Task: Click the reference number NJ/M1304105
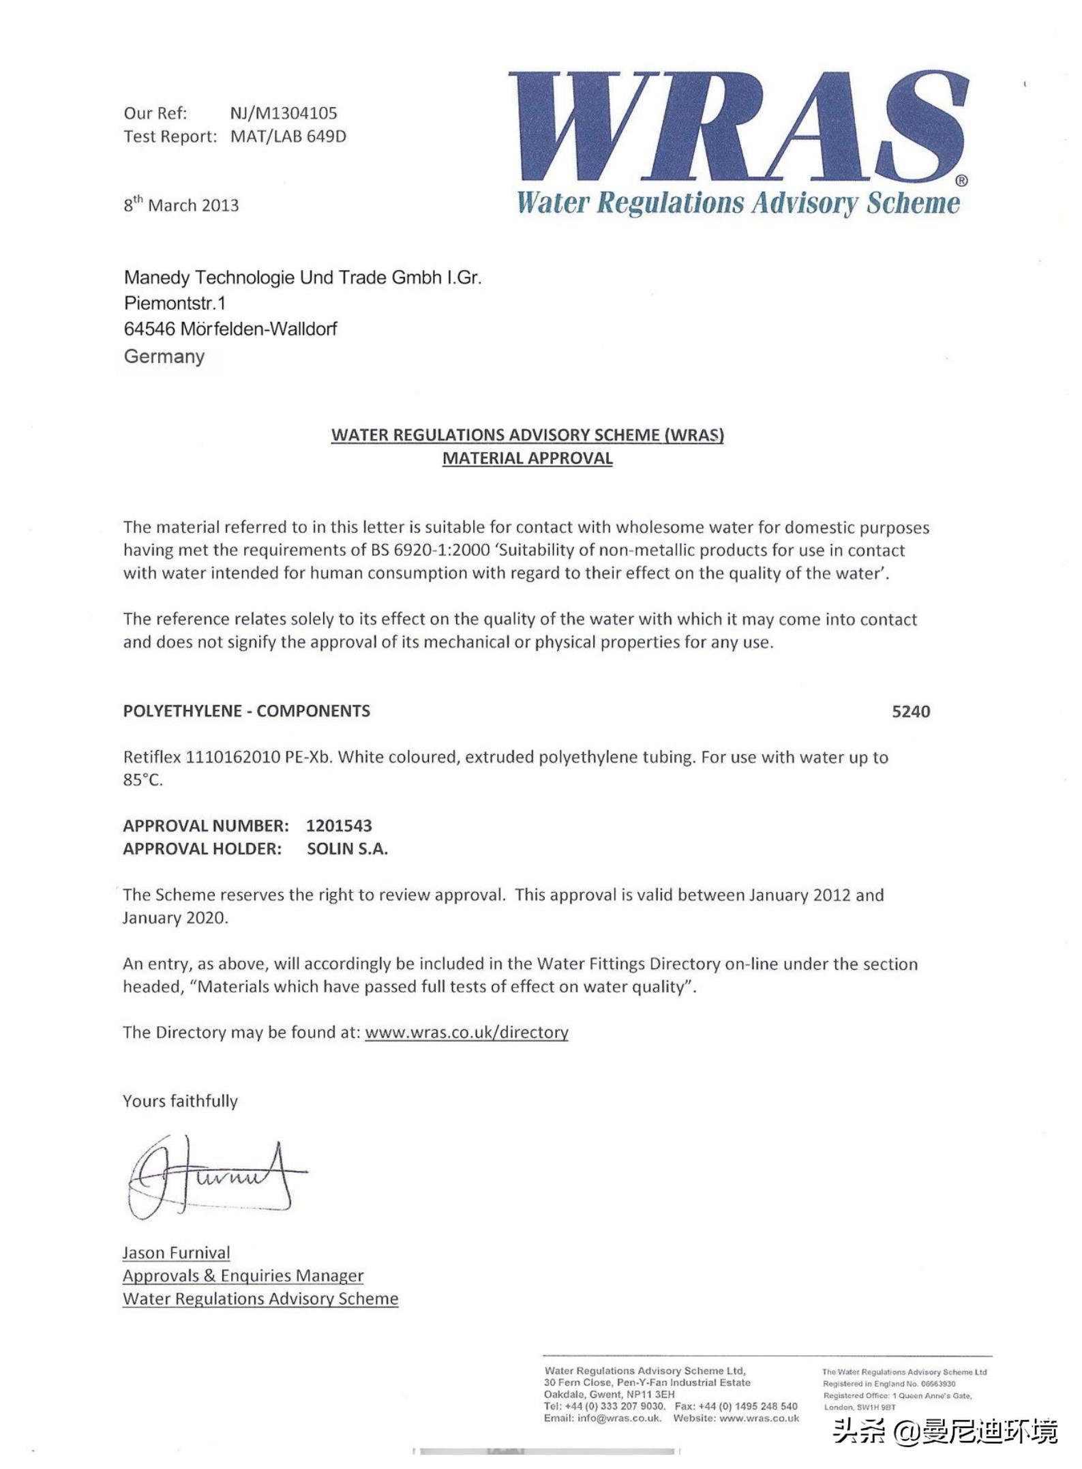pos(284,113)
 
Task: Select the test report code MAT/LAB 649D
pos(288,136)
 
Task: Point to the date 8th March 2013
pos(181,205)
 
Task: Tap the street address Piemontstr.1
pos(175,303)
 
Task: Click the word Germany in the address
pos(164,356)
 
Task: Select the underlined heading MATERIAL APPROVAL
pos(527,458)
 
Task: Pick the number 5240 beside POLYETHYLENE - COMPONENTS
pos(910,711)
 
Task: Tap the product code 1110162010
pos(232,757)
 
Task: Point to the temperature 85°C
pos(143,780)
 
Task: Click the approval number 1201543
pos(339,826)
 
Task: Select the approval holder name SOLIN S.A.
pos(347,849)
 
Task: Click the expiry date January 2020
pos(175,918)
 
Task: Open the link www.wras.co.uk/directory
pos(466,1033)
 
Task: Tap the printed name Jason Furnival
pos(176,1253)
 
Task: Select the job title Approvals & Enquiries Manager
pos(243,1276)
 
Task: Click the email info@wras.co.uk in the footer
pos(619,1419)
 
